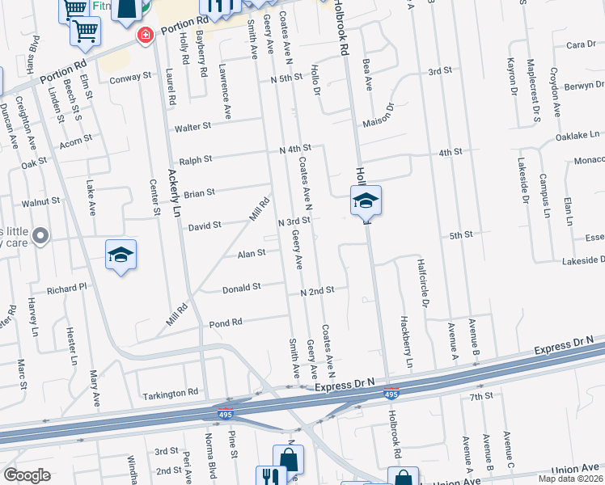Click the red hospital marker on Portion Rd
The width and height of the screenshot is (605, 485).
146,36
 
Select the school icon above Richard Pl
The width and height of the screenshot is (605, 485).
121,255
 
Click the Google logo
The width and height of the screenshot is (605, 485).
27,475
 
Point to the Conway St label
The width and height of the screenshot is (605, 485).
131,78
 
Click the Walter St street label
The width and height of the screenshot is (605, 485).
192,127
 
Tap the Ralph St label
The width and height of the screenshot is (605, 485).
196,160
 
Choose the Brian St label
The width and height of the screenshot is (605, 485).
199,193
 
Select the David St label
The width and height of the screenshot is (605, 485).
205,227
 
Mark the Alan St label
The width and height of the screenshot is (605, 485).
251,253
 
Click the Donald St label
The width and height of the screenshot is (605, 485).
241,287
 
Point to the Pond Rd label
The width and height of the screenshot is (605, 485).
226,322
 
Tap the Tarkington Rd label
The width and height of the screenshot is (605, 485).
171,393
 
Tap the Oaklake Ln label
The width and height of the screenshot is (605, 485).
577,136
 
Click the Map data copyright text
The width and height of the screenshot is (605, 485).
569,479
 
